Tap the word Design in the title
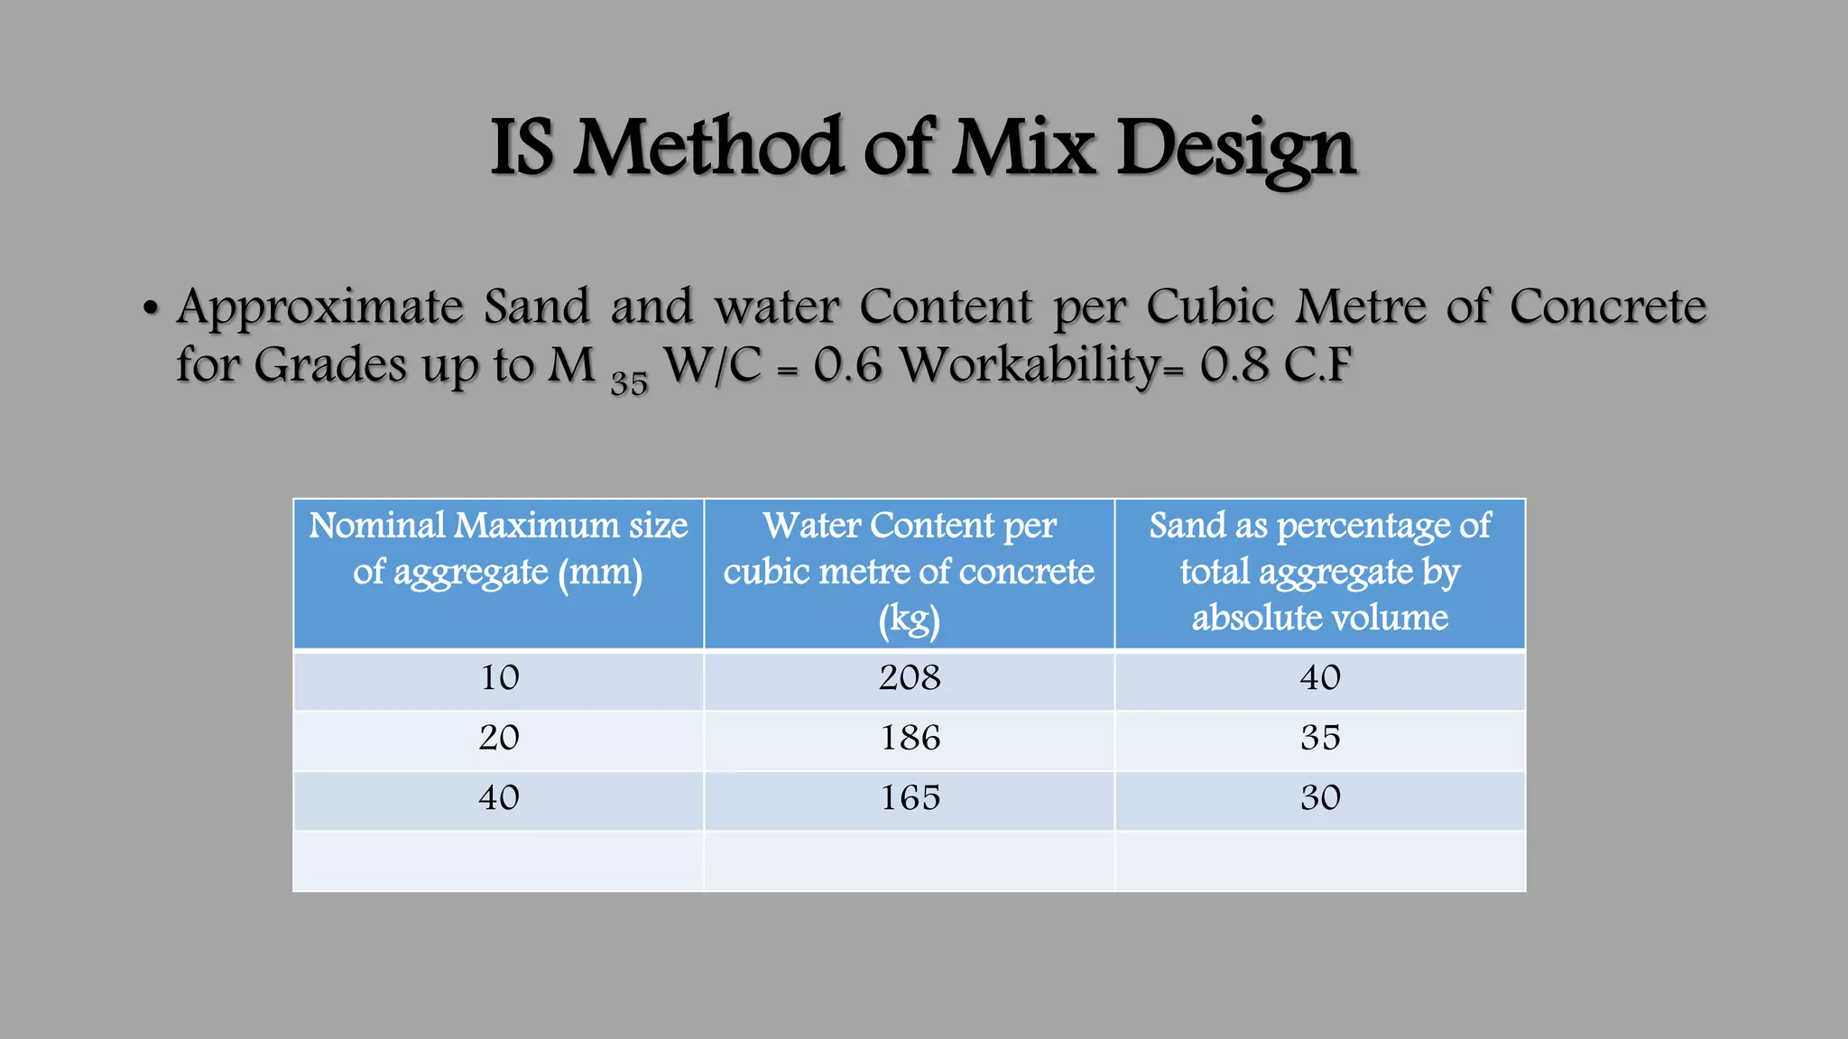tap(1236, 149)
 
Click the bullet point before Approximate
tap(151, 309)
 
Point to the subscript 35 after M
tap(629, 383)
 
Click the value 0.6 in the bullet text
tap(847, 365)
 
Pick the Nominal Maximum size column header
tap(498, 548)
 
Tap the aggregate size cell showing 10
tap(499, 678)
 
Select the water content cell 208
tap(910, 678)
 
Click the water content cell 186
tap(910, 739)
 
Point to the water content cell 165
tap(910, 798)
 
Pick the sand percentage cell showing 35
tap(1320, 739)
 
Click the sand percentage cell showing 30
tap(1320, 798)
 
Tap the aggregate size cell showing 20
tap(499, 739)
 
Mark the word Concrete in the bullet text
tap(1607, 307)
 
